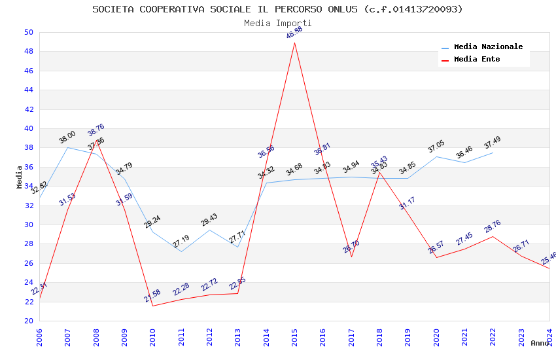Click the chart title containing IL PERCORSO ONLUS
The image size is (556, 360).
(277, 9)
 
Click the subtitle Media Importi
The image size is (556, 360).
(277, 23)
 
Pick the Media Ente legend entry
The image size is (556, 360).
(477, 59)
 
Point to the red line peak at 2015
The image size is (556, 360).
(294, 43)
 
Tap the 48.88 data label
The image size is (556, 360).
(294, 33)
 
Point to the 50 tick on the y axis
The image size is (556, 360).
(28, 32)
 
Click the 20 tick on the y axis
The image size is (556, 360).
(28, 321)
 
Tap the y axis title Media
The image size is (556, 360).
(20, 177)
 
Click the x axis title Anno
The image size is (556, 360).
(540, 343)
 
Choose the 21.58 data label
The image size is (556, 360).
(152, 296)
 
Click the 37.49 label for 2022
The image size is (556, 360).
(493, 142)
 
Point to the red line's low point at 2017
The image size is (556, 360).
(351, 257)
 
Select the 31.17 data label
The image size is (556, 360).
(408, 204)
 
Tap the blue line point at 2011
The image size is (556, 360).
(181, 251)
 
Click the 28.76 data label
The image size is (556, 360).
(493, 226)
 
